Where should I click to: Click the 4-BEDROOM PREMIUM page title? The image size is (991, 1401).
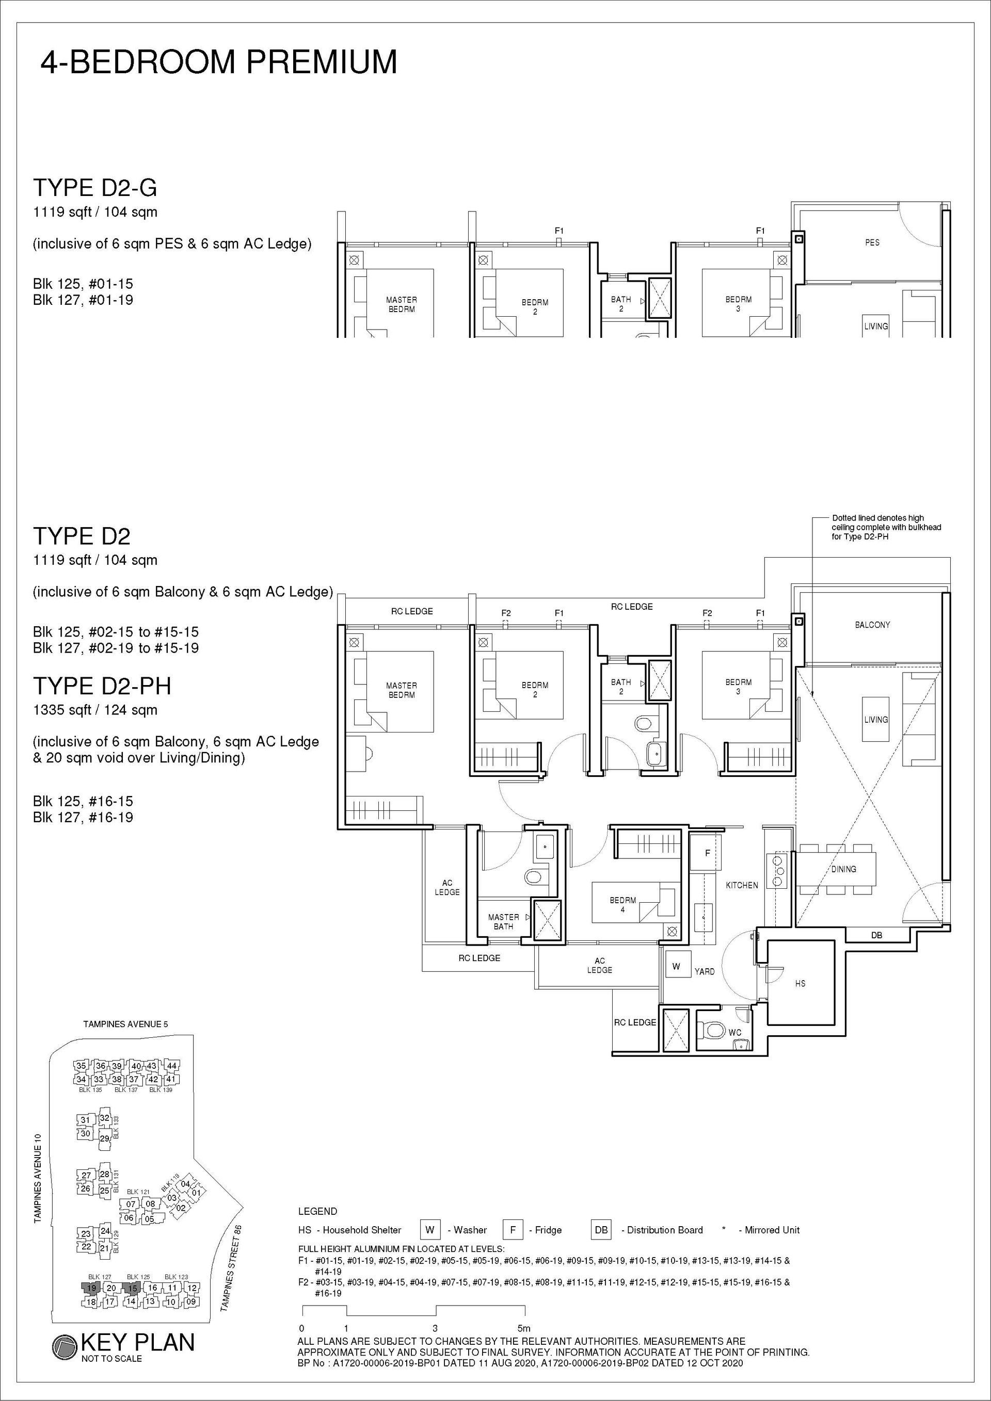(x=219, y=62)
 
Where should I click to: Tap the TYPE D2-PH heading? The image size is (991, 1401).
(x=102, y=687)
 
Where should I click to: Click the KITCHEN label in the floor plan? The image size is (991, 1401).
(x=742, y=885)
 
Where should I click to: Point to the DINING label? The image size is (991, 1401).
(x=843, y=869)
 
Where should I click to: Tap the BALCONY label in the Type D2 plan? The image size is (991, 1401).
(x=872, y=625)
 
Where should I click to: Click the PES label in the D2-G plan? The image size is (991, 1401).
(x=872, y=243)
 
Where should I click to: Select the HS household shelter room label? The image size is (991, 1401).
(x=801, y=984)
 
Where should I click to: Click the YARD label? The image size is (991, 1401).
(x=705, y=971)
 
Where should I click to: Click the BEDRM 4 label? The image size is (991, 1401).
(x=622, y=905)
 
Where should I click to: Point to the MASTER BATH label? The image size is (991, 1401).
(x=504, y=922)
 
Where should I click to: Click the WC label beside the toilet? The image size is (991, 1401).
(x=735, y=1033)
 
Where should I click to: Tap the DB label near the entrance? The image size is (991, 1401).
(x=877, y=935)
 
